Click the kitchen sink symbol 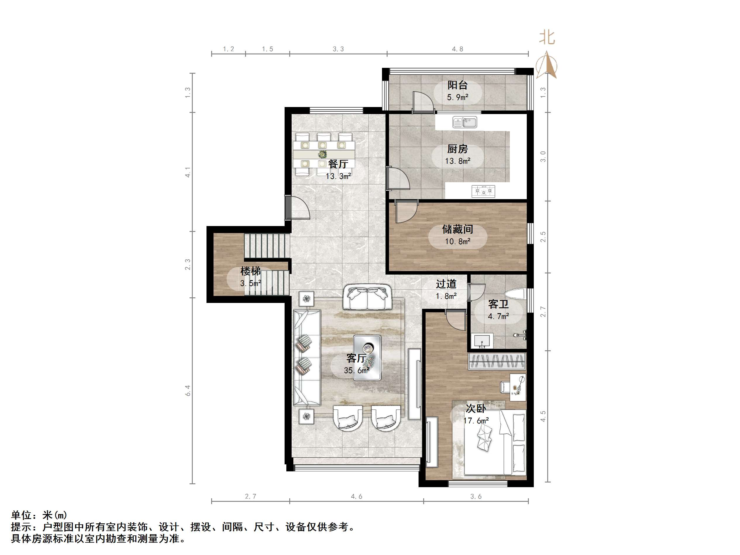click(465, 122)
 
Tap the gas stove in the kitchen click(483, 191)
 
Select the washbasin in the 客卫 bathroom click(482, 341)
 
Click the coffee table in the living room click(367, 358)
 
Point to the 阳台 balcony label click(457, 85)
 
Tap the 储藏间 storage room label click(457, 229)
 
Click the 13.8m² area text click(457, 161)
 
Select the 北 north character click(547, 37)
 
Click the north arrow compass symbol click(546, 65)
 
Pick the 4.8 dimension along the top click(457, 49)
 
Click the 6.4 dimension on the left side click(188, 390)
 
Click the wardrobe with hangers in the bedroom click(497, 361)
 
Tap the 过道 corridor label click(446, 284)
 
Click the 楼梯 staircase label click(250, 271)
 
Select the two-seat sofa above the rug click(367, 297)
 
